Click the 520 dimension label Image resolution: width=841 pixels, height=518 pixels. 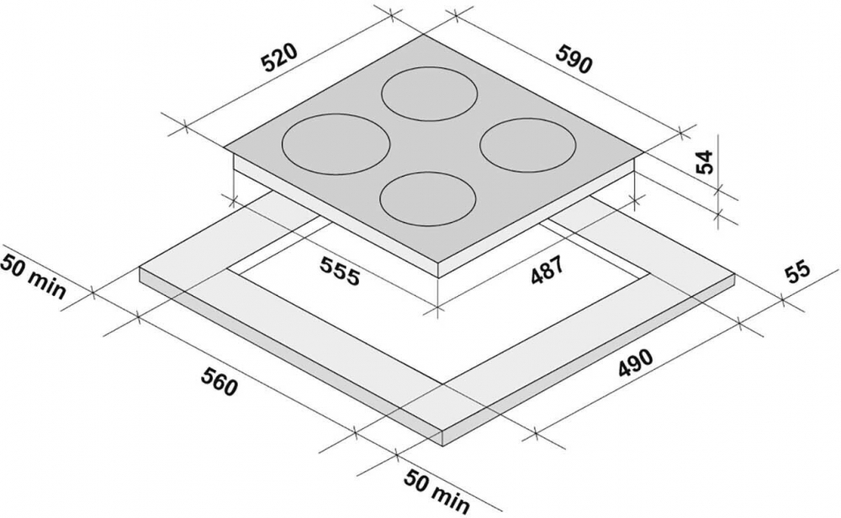279,57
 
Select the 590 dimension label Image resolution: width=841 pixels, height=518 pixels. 574,59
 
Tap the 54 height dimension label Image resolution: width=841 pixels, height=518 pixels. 705,161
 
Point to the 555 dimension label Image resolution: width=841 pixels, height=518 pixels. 340,270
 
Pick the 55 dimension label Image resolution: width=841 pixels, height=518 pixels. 797,273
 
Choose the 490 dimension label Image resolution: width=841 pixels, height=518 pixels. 636,363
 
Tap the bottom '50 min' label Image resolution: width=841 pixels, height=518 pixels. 436,490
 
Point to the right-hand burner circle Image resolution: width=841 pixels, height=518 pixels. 528,145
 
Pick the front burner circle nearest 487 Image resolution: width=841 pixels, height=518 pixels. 427,199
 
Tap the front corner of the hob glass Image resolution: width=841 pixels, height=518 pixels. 439,262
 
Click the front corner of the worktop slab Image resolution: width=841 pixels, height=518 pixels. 443,431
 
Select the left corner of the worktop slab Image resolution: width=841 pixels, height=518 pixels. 140,267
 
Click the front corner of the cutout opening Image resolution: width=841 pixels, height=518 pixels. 443,383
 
